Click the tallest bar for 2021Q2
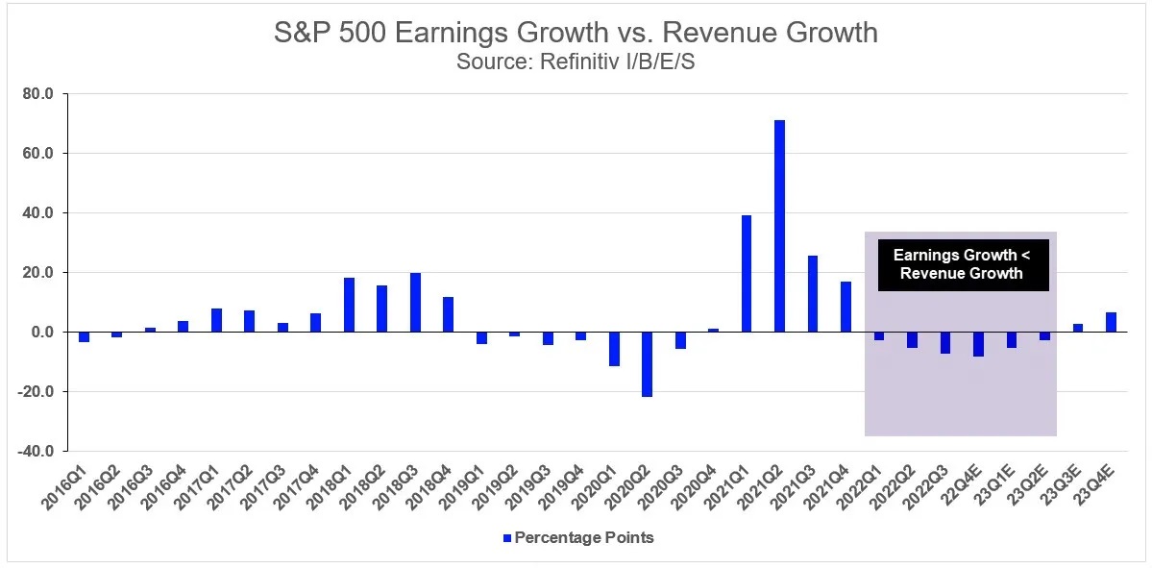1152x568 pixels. (779, 226)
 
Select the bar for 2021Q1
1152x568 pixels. (747, 274)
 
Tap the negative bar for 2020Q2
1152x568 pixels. (647, 364)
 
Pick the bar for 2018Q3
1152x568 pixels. (415, 303)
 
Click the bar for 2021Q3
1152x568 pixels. (813, 294)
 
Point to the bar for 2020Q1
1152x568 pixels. (614, 349)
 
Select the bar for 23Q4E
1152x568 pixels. (1111, 322)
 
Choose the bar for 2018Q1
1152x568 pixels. (349, 305)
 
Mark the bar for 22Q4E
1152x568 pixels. (978, 344)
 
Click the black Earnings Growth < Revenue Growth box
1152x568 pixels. (964, 264)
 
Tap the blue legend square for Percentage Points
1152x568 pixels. (507, 538)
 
